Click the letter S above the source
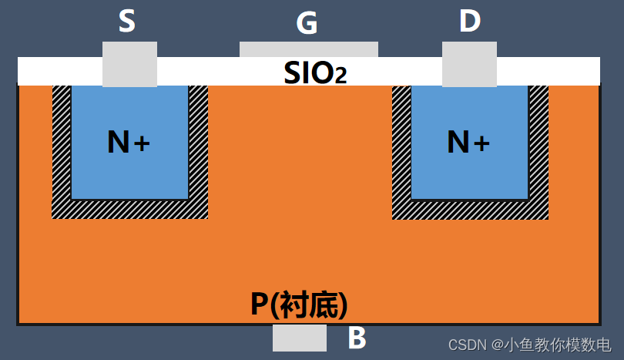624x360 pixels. coord(127,22)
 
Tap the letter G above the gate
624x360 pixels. coord(307,24)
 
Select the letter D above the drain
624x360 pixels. coord(470,22)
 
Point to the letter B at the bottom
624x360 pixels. coord(357,338)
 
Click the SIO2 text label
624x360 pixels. coord(315,72)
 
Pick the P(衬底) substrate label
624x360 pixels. coord(300,304)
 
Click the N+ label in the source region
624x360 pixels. coord(129,142)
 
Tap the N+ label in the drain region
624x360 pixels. coord(468,142)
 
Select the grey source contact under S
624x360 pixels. coord(129,64)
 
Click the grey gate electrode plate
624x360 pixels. coord(308,49)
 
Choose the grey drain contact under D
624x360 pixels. coord(469,64)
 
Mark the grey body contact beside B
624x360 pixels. coord(300,338)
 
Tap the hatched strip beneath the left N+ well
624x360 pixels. coord(129,209)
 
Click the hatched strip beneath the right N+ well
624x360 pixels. coord(470,209)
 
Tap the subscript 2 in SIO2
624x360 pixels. coord(340,76)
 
